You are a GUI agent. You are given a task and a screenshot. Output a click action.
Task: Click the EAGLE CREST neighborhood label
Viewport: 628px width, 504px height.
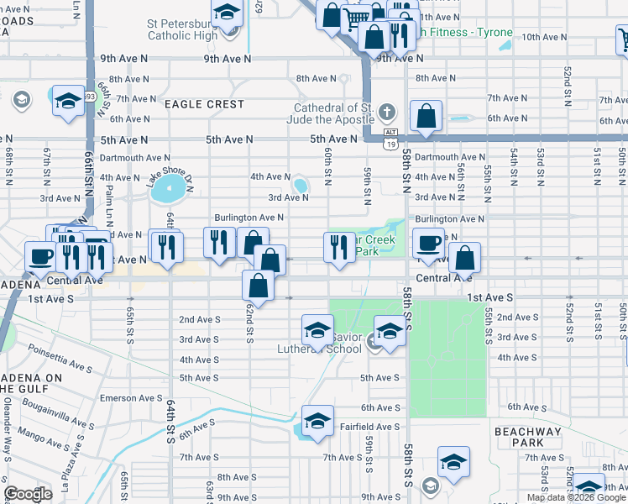coord(204,104)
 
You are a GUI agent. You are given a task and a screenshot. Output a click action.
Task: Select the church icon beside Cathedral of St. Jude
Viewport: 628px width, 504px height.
coord(386,112)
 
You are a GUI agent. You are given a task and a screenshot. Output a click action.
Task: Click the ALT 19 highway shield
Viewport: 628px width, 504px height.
coord(390,139)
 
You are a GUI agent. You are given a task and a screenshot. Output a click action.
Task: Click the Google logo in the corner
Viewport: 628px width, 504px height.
coord(28,494)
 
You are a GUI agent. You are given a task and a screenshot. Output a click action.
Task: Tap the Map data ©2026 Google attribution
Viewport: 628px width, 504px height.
coord(576,497)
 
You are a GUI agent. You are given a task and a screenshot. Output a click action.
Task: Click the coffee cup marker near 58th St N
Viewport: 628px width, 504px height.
coord(428,243)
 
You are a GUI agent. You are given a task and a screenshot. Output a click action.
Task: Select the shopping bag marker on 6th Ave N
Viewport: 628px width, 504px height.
coord(427,118)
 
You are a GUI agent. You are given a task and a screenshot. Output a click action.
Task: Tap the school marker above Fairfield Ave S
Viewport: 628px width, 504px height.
coord(317,423)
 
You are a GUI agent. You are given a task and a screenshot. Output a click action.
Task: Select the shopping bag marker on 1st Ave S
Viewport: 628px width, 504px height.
coord(259,286)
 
